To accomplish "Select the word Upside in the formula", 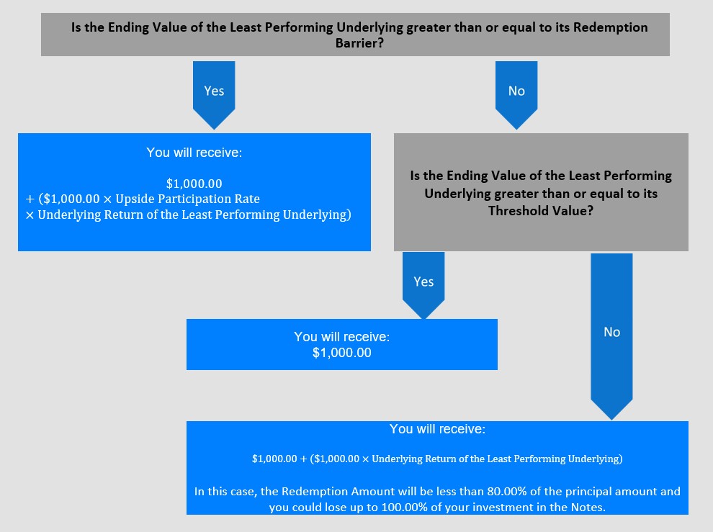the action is [x=135, y=199].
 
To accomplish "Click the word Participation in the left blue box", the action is [x=194, y=199].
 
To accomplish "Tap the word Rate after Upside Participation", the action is [x=248, y=199].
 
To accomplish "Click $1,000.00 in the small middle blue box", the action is [x=342, y=353].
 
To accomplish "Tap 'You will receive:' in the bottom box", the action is [x=437, y=429].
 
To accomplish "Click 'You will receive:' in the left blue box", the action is [x=194, y=153].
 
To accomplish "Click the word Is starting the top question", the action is [x=76, y=27].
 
